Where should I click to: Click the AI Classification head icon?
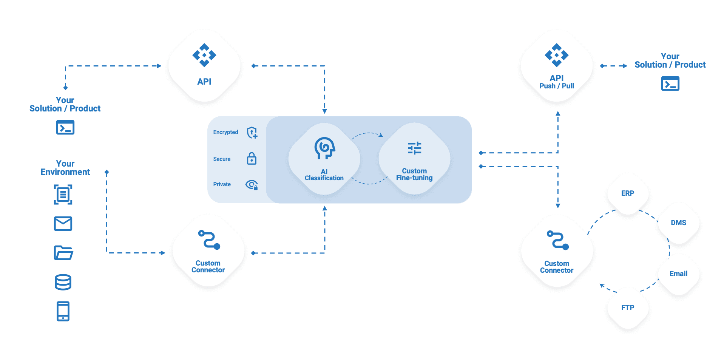click(324, 148)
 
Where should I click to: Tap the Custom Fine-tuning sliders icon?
click(414, 148)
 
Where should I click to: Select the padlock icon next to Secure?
click(252, 159)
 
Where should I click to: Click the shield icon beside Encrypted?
click(252, 133)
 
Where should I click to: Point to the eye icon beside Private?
click(252, 185)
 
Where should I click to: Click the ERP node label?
click(627, 193)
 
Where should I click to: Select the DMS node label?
click(678, 223)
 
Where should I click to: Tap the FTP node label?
click(627, 308)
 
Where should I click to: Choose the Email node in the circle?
click(678, 274)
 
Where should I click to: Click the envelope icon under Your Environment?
click(63, 224)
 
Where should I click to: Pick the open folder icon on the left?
click(63, 253)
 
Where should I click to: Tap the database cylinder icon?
click(63, 282)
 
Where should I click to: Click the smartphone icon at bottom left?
click(63, 311)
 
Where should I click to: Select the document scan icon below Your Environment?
click(63, 195)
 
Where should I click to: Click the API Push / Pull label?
click(556, 82)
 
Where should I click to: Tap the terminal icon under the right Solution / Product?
click(670, 83)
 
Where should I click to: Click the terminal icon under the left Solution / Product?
click(65, 127)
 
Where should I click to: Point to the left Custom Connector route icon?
click(209, 240)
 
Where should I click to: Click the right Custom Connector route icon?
click(557, 240)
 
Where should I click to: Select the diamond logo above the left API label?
click(204, 55)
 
